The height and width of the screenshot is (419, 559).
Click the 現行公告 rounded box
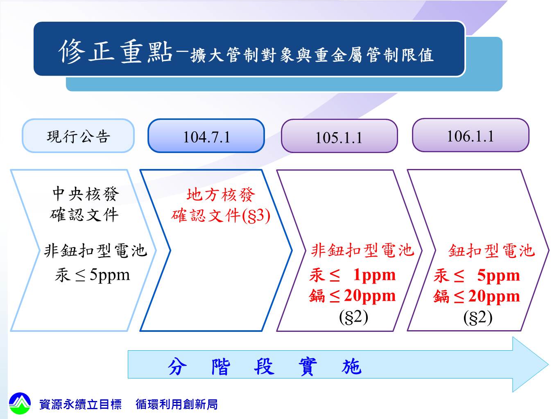[78, 136]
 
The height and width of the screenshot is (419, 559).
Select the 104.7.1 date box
[206, 136]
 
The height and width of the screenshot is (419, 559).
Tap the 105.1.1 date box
[339, 136]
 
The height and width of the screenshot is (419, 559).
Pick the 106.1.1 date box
[471, 135]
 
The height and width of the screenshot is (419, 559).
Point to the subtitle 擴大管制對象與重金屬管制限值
[312, 55]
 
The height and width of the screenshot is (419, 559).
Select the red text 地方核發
[221, 195]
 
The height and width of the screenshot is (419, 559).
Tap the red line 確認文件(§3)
[221, 216]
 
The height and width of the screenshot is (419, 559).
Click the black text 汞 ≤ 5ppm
[92, 275]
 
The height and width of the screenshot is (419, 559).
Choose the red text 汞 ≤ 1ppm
[353, 275]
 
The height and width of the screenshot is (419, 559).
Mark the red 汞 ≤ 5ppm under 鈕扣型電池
[477, 275]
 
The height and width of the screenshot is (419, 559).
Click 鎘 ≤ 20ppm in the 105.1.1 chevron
[353, 296]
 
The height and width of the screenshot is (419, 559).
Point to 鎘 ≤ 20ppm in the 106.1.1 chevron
[477, 296]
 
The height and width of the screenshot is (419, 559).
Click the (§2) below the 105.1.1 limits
[354, 317]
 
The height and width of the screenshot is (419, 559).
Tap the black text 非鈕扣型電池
[95, 250]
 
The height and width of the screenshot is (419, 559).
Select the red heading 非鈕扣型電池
[363, 250]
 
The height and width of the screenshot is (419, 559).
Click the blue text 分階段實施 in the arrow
[265, 367]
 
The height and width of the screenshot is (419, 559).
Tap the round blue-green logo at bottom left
[20, 403]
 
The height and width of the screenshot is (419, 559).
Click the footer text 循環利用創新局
[177, 404]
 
